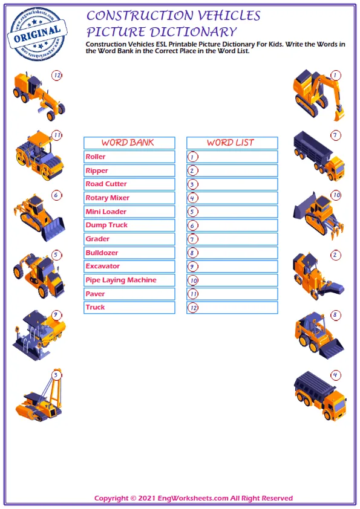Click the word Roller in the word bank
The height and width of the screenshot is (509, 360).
[96, 157]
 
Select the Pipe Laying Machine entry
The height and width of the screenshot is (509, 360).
[121, 280]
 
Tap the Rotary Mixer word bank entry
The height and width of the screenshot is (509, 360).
[108, 198]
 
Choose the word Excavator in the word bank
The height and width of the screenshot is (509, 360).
[103, 266]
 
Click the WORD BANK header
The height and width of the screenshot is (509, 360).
[128, 143]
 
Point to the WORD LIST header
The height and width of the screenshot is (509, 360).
[231, 143]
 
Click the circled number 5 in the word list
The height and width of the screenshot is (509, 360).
[192, 212]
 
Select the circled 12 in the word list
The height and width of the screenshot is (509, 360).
[193, 308]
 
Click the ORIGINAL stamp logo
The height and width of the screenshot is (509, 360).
[37, 34]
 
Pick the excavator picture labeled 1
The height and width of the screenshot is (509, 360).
[318, 95]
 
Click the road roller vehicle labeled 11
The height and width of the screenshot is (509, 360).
[39, 155]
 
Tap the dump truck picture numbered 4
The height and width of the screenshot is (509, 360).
[320, 395]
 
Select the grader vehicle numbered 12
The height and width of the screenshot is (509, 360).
[39, 96]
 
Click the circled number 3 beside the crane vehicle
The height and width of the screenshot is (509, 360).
[56, 375]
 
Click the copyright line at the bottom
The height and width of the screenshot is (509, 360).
[194, 498]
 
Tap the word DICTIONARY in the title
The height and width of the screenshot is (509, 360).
[194, 32]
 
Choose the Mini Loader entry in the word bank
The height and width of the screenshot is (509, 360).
[106, 212]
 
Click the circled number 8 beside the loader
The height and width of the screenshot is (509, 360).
[335, 315]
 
